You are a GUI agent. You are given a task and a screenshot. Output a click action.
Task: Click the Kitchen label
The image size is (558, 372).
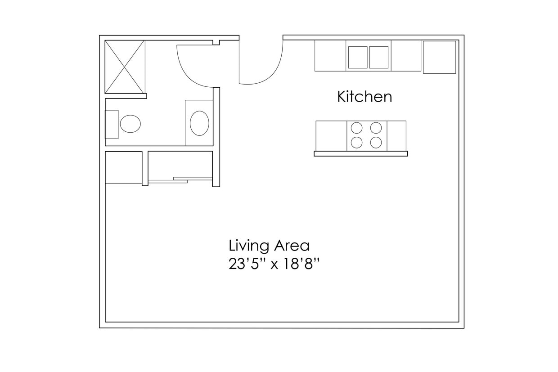click(364, 97)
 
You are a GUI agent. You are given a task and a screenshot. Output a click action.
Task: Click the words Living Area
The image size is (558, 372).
click(269, 246)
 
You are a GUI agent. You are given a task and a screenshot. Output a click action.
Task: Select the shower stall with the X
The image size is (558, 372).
click(125, 67)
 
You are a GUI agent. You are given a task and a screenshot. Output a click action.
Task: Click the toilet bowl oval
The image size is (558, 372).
click(130, 124)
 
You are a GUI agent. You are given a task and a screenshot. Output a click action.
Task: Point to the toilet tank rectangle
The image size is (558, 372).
click(112, 124)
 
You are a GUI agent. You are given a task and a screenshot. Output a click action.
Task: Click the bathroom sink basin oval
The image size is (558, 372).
click(199, 123)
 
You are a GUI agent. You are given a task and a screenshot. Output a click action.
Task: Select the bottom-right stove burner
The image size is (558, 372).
click(376, 143)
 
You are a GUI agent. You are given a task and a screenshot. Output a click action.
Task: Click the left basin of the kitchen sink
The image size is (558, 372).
click(358, 57)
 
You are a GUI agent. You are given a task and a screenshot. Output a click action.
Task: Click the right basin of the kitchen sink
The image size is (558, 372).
click(379, 57)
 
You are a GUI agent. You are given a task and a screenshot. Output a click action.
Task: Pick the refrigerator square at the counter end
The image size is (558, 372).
click(439, 57)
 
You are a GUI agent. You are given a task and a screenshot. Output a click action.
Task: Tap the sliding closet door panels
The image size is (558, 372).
click(180, 180)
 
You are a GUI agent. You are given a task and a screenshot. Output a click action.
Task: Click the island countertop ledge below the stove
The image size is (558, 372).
click(361, 154)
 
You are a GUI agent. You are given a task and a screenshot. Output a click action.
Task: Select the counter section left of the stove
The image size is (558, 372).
click(331, 136)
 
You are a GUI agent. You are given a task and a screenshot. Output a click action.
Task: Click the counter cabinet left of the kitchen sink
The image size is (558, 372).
click(330, 56)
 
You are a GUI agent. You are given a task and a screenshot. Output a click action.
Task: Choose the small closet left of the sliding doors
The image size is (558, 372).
click(124, 167)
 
